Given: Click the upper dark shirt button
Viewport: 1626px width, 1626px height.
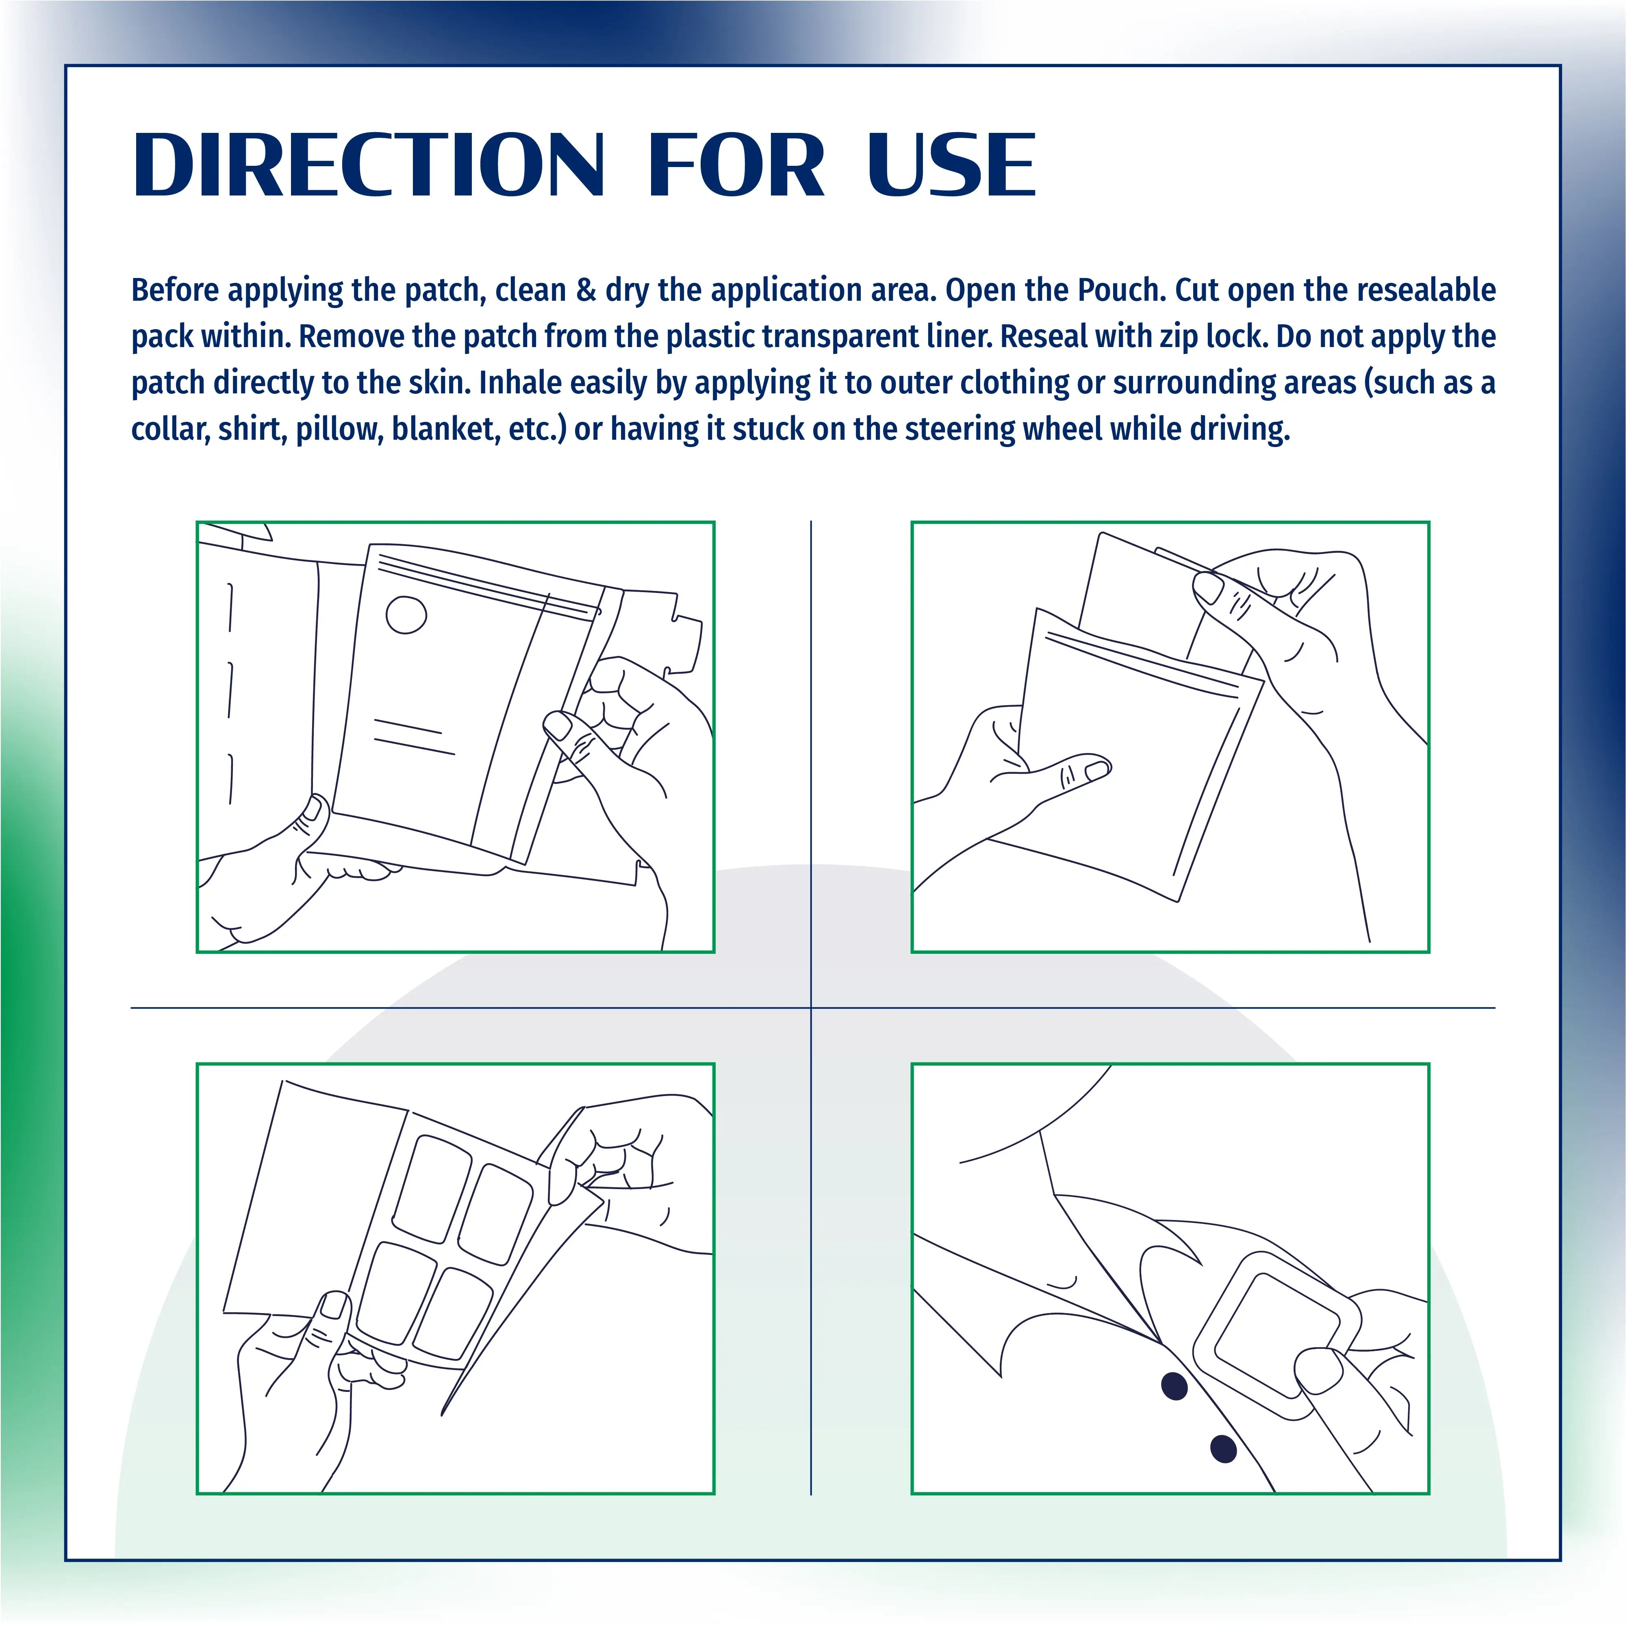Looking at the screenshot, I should (1174, 1385).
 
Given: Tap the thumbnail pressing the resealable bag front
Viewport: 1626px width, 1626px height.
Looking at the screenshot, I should (1097, 768).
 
